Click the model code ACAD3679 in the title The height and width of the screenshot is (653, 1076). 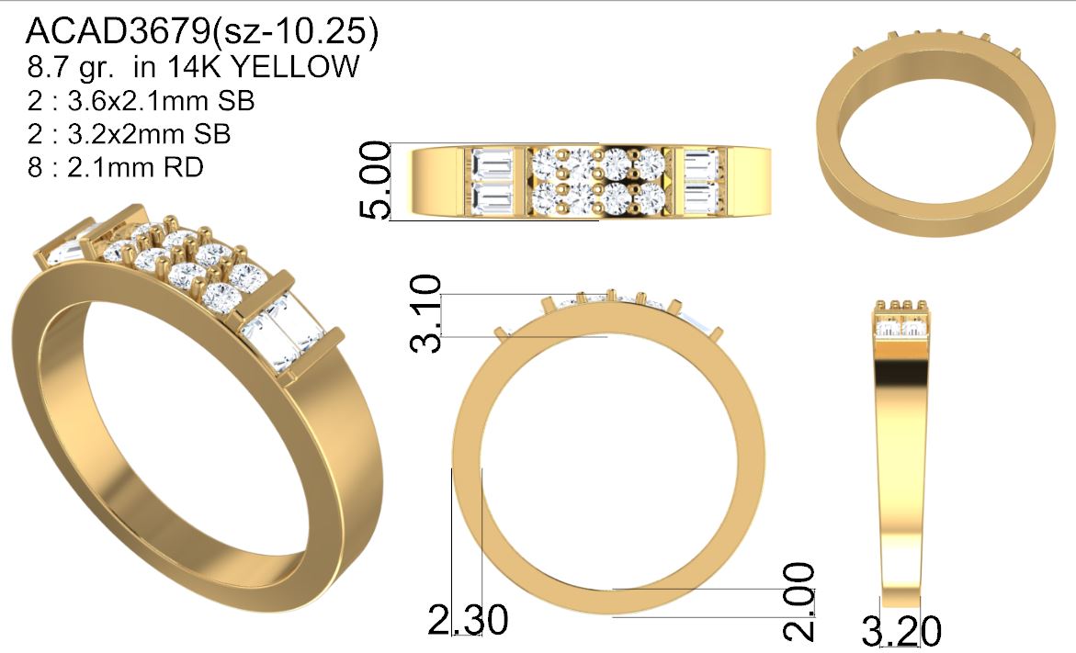(x=118, y=31)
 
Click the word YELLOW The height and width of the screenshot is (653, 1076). (x=295, y=66)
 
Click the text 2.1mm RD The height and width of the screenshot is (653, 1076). (x=135, y=166)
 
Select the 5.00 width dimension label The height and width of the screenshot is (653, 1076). (x=376, y=180)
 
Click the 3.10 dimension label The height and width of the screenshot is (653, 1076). (x=425, y=313)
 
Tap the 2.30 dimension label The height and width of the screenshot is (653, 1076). (x=468, y=619)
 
